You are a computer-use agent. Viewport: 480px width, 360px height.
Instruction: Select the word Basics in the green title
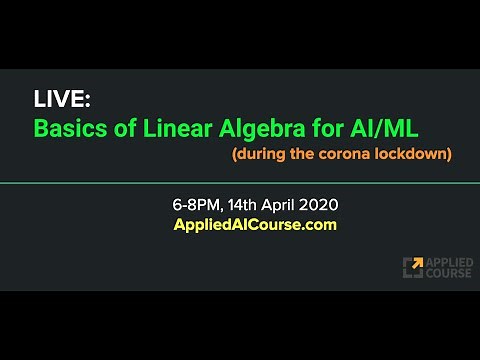[x=65, y=129]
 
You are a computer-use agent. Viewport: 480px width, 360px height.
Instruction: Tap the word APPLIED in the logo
[x=447, y=261]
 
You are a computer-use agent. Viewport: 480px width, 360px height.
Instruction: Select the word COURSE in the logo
[x=446, y=273]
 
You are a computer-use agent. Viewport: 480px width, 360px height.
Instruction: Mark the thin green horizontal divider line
[x=240, y=184]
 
